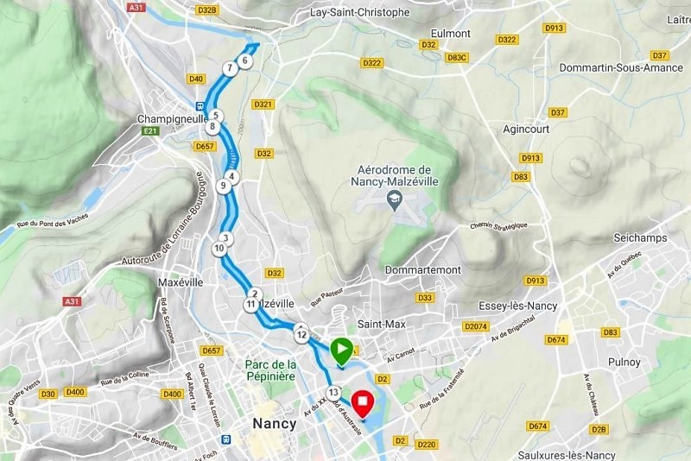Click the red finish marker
click(364, 404)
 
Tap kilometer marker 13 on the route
click(333, 392)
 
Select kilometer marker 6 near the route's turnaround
click(245, 60)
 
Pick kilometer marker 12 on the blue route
click(301, 333)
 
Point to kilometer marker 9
click(224, 185)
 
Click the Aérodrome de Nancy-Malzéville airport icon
click(393, 199)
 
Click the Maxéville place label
click(181, 282)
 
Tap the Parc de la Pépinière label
click(271, 371)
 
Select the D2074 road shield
click(475, 326)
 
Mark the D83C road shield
click(457, 58)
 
